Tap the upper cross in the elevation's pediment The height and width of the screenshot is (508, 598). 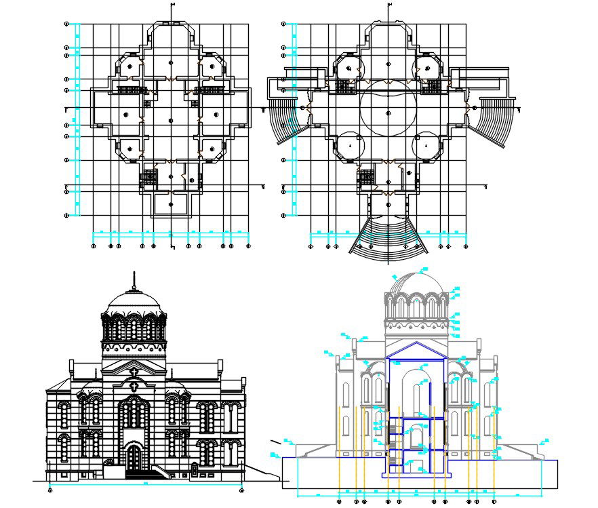pyautogui.click(x=134, y=372)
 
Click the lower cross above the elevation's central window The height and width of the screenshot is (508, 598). pyautogui.click(x=134, y=386)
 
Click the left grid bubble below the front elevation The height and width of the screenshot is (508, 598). pyautogui.click(x=51, y=489)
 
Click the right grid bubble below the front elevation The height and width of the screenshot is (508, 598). pyautogui.click(x=241, y=489)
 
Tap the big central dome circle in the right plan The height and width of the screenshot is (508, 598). pyautogui.click(x=387, y=112)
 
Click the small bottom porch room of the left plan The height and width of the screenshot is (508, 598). pyautogui.click(x=172, y=203)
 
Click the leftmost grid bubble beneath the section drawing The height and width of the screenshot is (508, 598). pyautogui.click(x=339, y=502)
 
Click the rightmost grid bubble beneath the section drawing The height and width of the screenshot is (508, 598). pyautogui.click(x=494, y=502)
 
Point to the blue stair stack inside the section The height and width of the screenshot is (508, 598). pyautogui.click(x=393, y=448)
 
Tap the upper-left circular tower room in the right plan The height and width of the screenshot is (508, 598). pyautogui.click(x=349, y=68)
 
